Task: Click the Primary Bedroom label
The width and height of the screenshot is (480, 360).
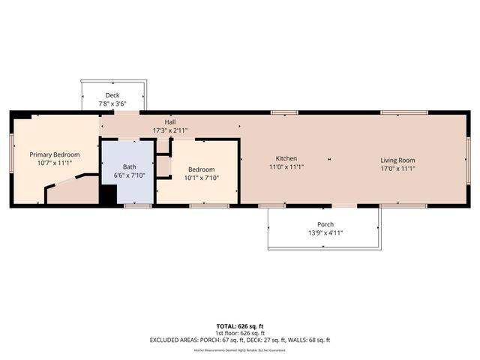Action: [x=55, y=154]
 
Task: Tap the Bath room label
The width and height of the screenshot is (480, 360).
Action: [x=129, y=166]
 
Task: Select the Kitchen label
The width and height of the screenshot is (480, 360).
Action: [x=286, y=159]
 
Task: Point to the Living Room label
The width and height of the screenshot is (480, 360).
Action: [x=397, y=160]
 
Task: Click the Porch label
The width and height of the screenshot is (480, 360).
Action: [x=325, y=225]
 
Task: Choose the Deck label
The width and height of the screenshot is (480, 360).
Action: [x=112, y=95]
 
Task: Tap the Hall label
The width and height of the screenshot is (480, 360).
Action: [x=170, y=121]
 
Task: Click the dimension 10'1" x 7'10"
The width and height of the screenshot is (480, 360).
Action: [x=202, y=178]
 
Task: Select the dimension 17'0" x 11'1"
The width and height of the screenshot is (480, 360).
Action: [x=397, y=169]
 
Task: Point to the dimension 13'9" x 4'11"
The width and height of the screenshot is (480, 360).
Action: [x=325, y=234]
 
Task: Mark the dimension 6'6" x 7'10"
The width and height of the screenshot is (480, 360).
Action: [x=129, y=175]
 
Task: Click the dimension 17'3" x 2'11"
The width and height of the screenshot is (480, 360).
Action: [x=170, y=130]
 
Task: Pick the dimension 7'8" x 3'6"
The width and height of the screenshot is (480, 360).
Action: [x=112, y=104]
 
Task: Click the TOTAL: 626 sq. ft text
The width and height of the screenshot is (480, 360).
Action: [x=240, y=326]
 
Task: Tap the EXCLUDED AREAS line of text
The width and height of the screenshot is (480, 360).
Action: [x=240, y=340]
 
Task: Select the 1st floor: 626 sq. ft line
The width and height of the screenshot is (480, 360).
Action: [x=240, y=333]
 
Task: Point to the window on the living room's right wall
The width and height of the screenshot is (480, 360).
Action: [x=468, y=160]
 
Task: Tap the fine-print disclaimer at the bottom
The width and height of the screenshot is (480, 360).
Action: [x=240, y=349]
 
